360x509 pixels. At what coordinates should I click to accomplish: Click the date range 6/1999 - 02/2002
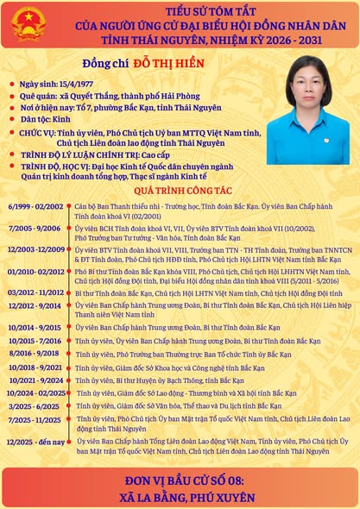pos(35,208)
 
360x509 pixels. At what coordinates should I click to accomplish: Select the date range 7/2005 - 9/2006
pos(35,228)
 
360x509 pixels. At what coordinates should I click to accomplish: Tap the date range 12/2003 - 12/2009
pos(35,249)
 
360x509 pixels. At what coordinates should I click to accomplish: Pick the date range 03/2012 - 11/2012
pos(35,293)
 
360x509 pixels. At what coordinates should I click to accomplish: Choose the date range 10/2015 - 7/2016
pos(35,341)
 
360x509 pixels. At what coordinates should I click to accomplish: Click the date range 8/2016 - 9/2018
pos(35,353)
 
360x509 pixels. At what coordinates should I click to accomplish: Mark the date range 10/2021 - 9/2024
pos(35,380)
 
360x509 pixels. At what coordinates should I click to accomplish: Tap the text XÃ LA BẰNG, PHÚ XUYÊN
pos(180,497)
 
